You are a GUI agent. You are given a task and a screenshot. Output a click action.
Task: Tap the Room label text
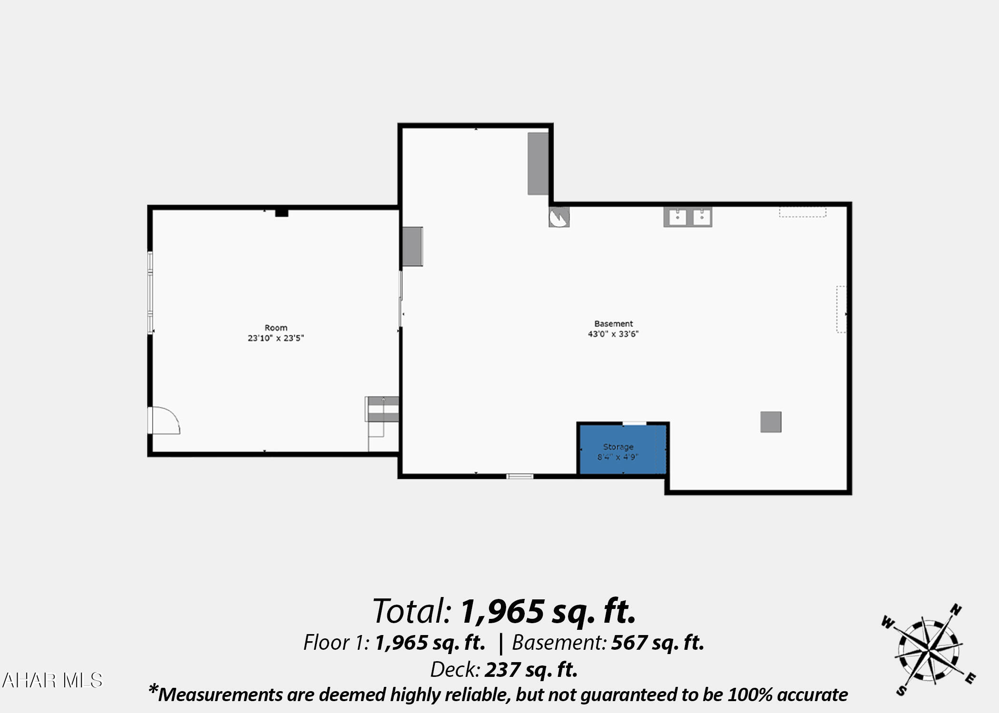(x=276, y=328)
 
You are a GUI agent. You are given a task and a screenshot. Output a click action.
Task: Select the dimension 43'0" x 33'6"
(x=613, y=334)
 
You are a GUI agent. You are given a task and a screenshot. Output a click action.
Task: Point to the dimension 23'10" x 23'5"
(x=276, y=338)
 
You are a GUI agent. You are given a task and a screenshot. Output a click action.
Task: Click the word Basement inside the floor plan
(x=614, y=324)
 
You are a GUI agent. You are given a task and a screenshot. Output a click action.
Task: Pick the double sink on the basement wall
(x=688, y=217)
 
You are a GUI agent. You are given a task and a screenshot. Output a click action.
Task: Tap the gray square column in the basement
(x=771, y=422)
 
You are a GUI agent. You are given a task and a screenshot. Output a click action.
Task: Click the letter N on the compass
(x=956, y=610)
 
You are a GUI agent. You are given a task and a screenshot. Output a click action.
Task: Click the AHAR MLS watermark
(x=52, y=680)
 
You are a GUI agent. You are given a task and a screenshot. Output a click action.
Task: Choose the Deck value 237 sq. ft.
(x=531, y=670)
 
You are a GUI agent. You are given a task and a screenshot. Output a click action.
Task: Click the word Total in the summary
(x=412, y=611)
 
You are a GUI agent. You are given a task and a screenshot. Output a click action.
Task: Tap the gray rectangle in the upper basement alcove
(x=538, y=164)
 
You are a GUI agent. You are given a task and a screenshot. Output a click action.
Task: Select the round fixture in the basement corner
(x=559, y=217)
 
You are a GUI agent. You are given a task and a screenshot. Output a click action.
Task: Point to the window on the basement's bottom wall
(x=519, y=476)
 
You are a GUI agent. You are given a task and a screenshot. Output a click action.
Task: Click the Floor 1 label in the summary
(x=336, y=643)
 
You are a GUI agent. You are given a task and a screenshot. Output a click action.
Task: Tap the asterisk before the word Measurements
(x=153, y=689)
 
